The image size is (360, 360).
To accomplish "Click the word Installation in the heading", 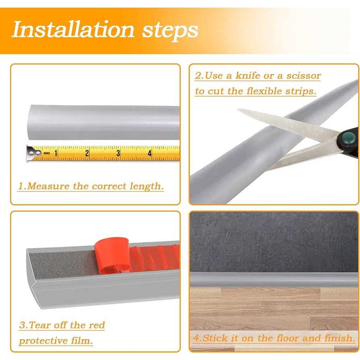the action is [73, 29].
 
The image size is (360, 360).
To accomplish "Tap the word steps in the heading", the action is [170, 31].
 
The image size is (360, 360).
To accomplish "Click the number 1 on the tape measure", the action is [56, 153].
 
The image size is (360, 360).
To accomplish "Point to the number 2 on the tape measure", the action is [87, 153].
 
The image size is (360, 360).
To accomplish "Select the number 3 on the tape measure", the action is [118, 153].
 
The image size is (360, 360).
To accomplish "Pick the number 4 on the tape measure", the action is [150, 153].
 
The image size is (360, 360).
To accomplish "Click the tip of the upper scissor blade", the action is [238, 110].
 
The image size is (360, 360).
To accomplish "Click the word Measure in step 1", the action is [48, 186].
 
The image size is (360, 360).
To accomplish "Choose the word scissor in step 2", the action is [304, 76].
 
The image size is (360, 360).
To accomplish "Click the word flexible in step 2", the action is [264, 91].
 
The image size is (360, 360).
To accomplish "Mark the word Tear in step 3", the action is [39, 325].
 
